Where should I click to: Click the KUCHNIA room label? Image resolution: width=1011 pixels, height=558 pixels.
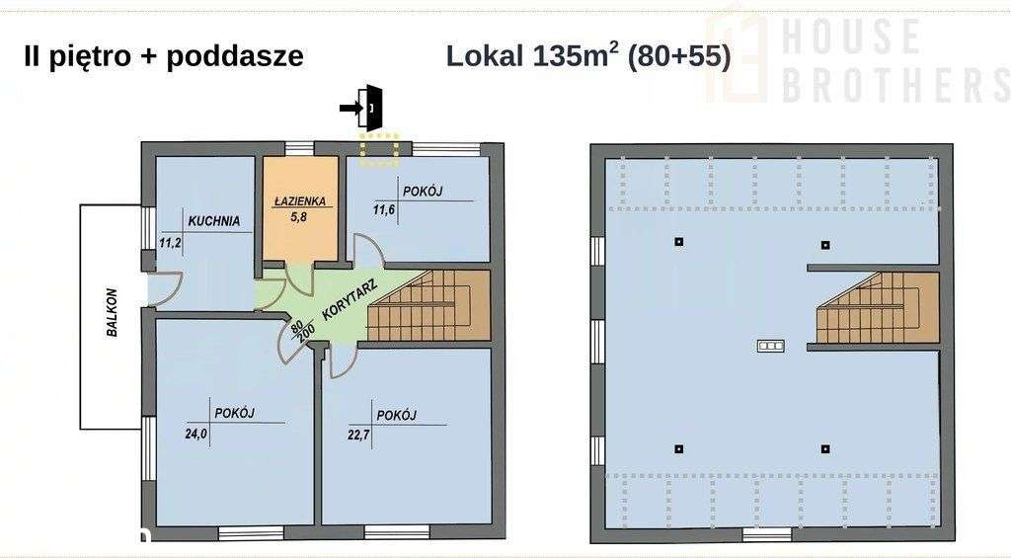coord(214,221)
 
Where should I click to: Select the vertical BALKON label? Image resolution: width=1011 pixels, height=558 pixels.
coord(113,313)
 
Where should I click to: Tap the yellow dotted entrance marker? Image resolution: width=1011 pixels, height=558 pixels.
coord(378,147)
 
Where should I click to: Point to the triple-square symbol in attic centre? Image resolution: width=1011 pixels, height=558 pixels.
coord(770,346)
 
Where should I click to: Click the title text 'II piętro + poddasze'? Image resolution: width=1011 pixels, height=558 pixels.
coord(163,56)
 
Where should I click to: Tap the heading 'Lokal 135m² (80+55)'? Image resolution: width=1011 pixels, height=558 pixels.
coord(588,55)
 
